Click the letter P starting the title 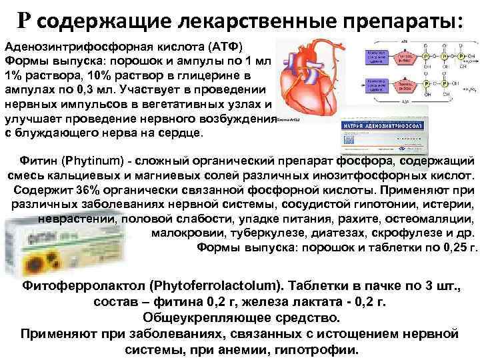click(23, 20)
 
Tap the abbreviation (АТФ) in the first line click(227, 45)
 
